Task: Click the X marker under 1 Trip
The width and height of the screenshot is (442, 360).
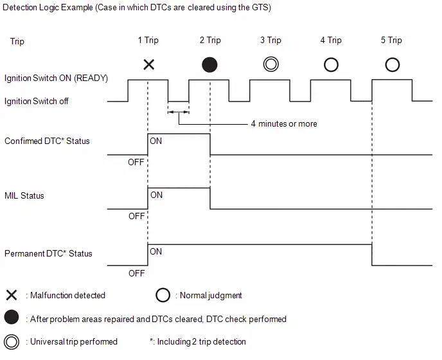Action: point(149,65)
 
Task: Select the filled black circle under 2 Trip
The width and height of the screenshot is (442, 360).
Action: point(209,65)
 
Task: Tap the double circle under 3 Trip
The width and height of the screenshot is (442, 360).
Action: point(271,64)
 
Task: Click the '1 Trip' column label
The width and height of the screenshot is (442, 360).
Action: point(148,40)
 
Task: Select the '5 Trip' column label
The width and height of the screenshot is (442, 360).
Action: point(391,40)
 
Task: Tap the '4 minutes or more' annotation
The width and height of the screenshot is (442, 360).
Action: point(284,123)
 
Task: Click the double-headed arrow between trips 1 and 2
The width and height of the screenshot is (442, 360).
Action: point(179,112)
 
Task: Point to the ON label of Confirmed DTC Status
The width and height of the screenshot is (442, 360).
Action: point(156,141)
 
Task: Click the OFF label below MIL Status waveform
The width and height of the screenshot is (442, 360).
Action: point(136,216)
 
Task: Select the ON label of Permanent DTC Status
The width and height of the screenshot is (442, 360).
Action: point(156,251)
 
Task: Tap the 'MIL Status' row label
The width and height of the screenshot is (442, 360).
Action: point(24,195)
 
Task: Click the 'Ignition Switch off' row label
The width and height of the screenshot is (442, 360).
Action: point(37,101)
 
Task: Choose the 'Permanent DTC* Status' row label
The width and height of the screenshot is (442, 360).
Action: point(48,253)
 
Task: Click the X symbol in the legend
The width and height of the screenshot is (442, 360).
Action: point(12,295)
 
